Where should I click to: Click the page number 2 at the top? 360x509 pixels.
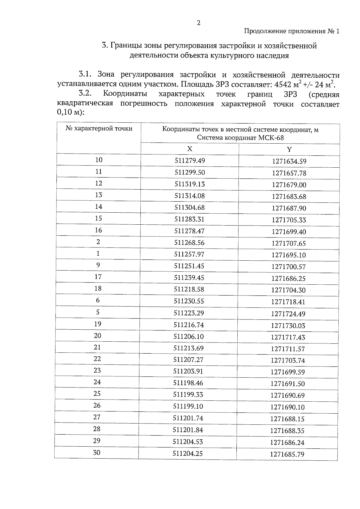(198, 23)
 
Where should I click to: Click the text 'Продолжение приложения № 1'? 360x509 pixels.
(292, 31)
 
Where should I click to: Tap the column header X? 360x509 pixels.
(190, 149)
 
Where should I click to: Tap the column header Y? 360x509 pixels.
(289, 150)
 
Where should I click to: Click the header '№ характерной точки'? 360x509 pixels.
(99, 129)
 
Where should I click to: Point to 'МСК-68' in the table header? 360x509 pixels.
(271, 138)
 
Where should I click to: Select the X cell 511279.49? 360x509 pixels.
(190, 161)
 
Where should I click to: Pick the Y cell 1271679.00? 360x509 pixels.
(289, 185)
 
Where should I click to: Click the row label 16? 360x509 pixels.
(98, 230)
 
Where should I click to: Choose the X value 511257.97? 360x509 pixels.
(189, 254)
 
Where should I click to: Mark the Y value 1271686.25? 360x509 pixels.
(288, 279)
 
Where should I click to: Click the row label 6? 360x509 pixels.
(98, 301)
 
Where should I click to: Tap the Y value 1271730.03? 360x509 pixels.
(288, 326)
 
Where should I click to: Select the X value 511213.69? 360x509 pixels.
(188, 348)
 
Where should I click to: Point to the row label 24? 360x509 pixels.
(97, 382)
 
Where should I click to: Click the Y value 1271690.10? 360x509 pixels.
(287, 407)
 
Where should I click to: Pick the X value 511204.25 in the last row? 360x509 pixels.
(188, 454)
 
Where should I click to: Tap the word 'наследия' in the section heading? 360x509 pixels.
(272, 55)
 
